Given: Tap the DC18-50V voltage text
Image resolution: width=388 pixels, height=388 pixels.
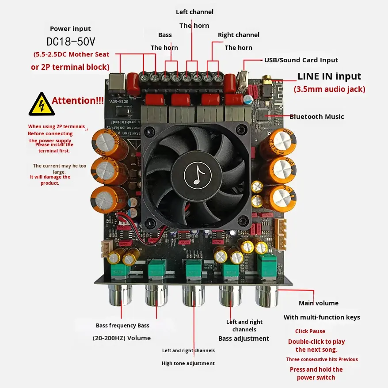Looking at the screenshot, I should [71, 42].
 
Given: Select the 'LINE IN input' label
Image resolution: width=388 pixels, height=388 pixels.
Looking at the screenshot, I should [329, 76].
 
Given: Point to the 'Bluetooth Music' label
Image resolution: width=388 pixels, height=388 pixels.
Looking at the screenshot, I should [316, 117].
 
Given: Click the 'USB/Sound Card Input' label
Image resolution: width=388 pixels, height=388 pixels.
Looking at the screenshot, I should [301, 60].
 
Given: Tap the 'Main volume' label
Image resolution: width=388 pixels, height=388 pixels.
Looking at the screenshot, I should [319, 303].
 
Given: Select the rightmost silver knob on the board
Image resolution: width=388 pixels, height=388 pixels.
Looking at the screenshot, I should [266, 295].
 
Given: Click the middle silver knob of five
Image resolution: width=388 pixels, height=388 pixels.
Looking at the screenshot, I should [194, 295].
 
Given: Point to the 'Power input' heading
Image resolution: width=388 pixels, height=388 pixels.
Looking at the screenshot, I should [70, 29].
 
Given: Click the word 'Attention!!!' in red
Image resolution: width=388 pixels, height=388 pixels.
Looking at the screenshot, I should [78, 100].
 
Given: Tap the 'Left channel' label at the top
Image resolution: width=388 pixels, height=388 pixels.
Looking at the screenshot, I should [194, 12].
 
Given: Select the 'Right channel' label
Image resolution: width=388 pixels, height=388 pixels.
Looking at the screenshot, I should [239, 35].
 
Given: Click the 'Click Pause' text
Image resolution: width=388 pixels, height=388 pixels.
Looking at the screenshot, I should [310, 331].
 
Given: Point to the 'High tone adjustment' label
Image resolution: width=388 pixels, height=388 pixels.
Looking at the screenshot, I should [188, 363].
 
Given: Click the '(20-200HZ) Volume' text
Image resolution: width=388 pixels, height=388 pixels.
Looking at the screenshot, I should [122, 338].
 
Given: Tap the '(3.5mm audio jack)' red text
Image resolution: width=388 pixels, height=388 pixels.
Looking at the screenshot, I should [330, 89].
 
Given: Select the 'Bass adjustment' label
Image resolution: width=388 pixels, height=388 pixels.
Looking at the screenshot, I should [243, 339].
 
